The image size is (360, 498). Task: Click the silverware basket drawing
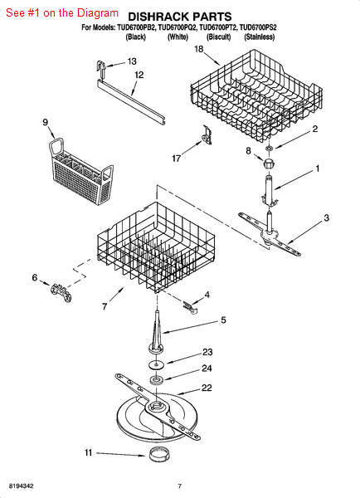pos(80,172)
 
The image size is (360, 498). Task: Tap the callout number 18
pos(199,49)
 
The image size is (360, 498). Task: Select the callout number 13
pos(132,61)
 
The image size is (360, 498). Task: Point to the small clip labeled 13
pos(101,69)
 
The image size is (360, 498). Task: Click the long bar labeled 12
pos(131,101)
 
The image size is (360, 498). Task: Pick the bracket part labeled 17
pos(207,134)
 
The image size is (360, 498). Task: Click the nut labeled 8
pos(269,164)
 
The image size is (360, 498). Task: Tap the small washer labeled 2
pos(270,148)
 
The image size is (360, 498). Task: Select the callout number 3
pos(326,217)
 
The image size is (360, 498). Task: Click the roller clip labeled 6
pos(61,292)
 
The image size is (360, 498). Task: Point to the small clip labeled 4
pos(191,308)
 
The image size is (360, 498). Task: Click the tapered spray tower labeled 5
pos(157,332)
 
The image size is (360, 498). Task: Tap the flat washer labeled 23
pos(157,364)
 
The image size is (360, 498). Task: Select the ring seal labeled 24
pos(157,380)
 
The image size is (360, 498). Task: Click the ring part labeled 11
pos(158,453)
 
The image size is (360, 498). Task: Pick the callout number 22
pos(207,388)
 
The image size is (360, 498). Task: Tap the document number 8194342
pos(22,486)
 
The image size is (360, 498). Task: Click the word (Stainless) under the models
pos(260,37)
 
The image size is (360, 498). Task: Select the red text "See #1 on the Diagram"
pos(62,13)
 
